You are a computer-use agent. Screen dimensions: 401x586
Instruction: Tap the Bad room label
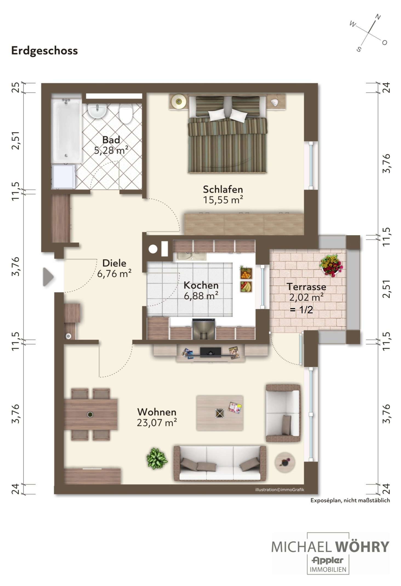(111, 140)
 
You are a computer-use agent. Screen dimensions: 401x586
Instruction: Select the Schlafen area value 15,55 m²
(223, 200)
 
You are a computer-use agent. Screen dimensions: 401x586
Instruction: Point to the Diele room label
(114, 263)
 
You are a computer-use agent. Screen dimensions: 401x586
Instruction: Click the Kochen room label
(201, 285)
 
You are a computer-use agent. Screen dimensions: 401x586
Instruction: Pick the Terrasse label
(306, 287)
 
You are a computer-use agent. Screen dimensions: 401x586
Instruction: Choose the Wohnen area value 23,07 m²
(157, 422)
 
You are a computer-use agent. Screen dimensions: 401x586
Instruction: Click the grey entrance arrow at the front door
(48, 277)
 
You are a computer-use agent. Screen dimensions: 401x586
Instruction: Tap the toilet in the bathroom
(126, 113)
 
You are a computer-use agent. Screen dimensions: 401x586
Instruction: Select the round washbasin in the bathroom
(97, 111)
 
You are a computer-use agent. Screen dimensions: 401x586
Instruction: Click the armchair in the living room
(283, 413)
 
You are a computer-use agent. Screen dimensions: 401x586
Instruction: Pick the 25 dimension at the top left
(16, 88)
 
